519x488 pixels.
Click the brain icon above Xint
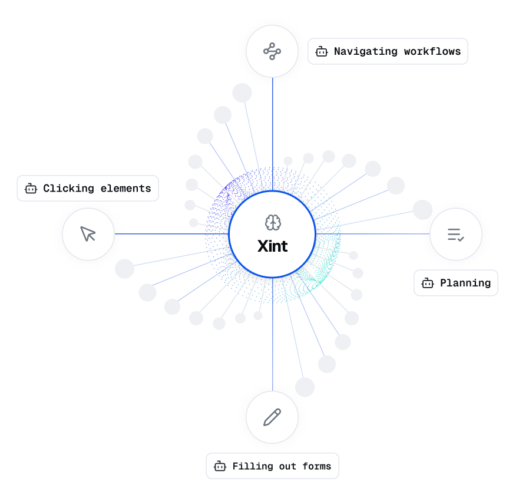272,223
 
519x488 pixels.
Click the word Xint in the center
272,246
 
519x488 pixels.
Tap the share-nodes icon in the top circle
272,51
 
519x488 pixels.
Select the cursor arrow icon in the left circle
88,234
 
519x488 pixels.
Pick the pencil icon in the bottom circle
272,417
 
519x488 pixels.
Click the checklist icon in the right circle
455,235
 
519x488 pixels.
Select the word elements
125,189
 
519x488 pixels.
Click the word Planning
465,283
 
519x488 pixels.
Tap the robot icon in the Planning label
427,283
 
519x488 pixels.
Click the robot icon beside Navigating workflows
321,52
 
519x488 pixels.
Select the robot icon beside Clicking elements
30,189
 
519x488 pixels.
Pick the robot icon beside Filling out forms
220,466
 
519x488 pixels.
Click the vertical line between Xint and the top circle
272,130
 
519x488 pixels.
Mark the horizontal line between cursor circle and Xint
171,234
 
